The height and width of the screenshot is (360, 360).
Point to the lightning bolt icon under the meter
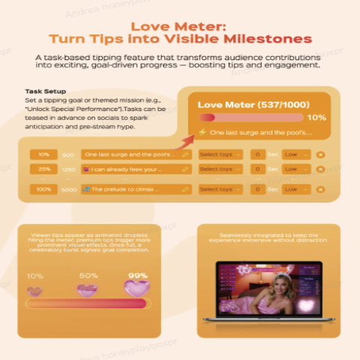pyautogui.click(x=201, y=132)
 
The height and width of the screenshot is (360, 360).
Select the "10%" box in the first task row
pyautogui.click(x=44, y=154)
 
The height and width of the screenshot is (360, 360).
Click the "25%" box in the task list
pyautogui.click(x=44, y=169)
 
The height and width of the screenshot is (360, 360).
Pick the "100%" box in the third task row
pyautogui.click(x=44, y=190)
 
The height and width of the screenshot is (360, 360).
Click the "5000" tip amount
pyautogui.click(x=68, y=190)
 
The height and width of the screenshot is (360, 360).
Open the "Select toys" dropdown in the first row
pyautogui.click(x=220, y=154)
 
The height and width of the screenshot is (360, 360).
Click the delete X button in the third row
pyautogui.click(x=320, y=190)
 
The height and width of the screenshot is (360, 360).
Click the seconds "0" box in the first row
pyautogui.click(x=257, y=154)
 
